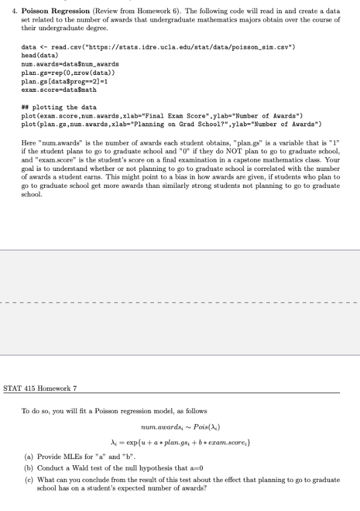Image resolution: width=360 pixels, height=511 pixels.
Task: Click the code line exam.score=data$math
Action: [59, 89]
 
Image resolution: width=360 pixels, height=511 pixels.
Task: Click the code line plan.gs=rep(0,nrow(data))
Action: [69, 72]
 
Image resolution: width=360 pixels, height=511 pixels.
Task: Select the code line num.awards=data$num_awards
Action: [70, 63]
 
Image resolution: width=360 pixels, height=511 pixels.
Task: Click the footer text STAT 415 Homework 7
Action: [40, 388]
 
